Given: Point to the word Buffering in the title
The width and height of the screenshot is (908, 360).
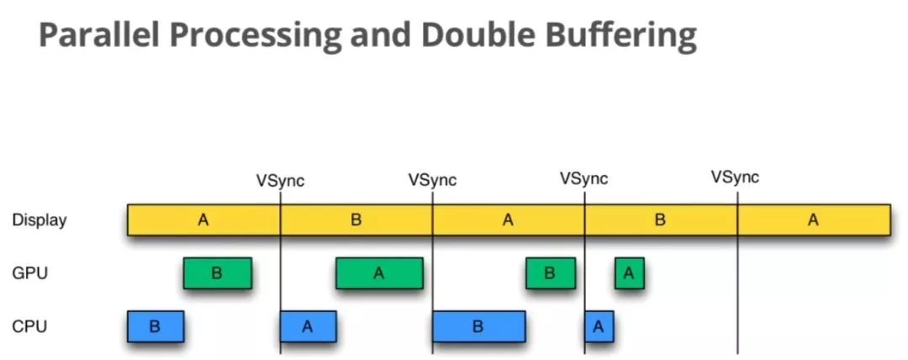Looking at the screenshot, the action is pos(626,36).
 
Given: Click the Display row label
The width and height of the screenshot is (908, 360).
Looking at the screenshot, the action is pos(39,220).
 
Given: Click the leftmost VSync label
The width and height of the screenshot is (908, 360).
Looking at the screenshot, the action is pos(280,180).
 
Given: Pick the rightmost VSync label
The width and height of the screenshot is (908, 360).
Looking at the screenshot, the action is pos(735,177).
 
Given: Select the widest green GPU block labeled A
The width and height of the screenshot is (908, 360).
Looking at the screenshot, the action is pos(379,273).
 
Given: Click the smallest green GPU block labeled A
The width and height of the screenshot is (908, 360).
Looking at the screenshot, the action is pos(629,273).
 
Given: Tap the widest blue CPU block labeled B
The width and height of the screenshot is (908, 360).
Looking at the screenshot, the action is pos(478,326).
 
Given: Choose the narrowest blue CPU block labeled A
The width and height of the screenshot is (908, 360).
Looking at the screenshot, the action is pos(599,326).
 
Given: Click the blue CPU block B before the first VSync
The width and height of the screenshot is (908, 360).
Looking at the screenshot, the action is pos(155,326).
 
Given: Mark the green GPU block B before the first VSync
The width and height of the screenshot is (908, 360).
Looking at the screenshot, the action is pos(217,273).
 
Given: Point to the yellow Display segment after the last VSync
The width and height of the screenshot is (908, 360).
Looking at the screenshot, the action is pos(813,220).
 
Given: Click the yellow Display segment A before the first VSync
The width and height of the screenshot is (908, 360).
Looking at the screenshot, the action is pos(203,220).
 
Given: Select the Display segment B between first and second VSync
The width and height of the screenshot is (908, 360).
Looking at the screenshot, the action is pos(356,220).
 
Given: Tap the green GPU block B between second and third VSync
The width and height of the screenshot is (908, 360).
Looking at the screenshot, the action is pos(551,273).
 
